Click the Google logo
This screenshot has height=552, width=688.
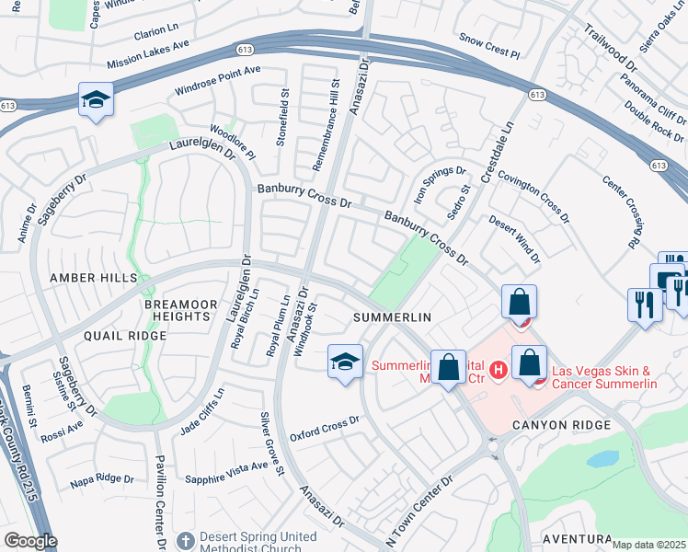point(30,541)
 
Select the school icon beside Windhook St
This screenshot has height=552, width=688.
point(345,362)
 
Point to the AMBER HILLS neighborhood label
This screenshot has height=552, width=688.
point(93,278)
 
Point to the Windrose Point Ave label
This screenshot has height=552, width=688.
point(218,82)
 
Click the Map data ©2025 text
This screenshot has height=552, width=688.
point(648,545)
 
